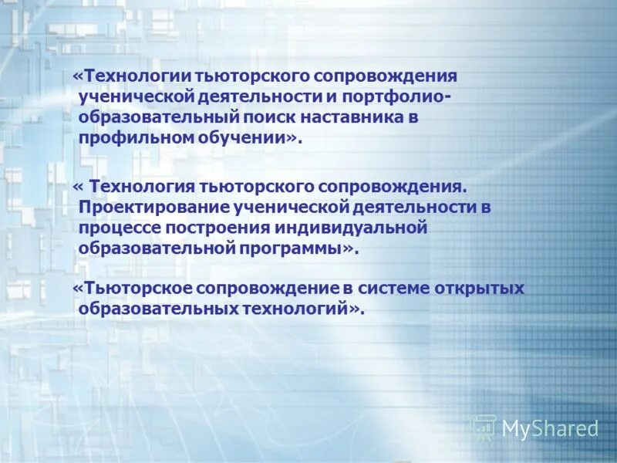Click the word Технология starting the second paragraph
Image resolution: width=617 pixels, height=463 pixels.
[140, 187]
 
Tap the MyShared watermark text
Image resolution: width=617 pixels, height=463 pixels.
[550, 428]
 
